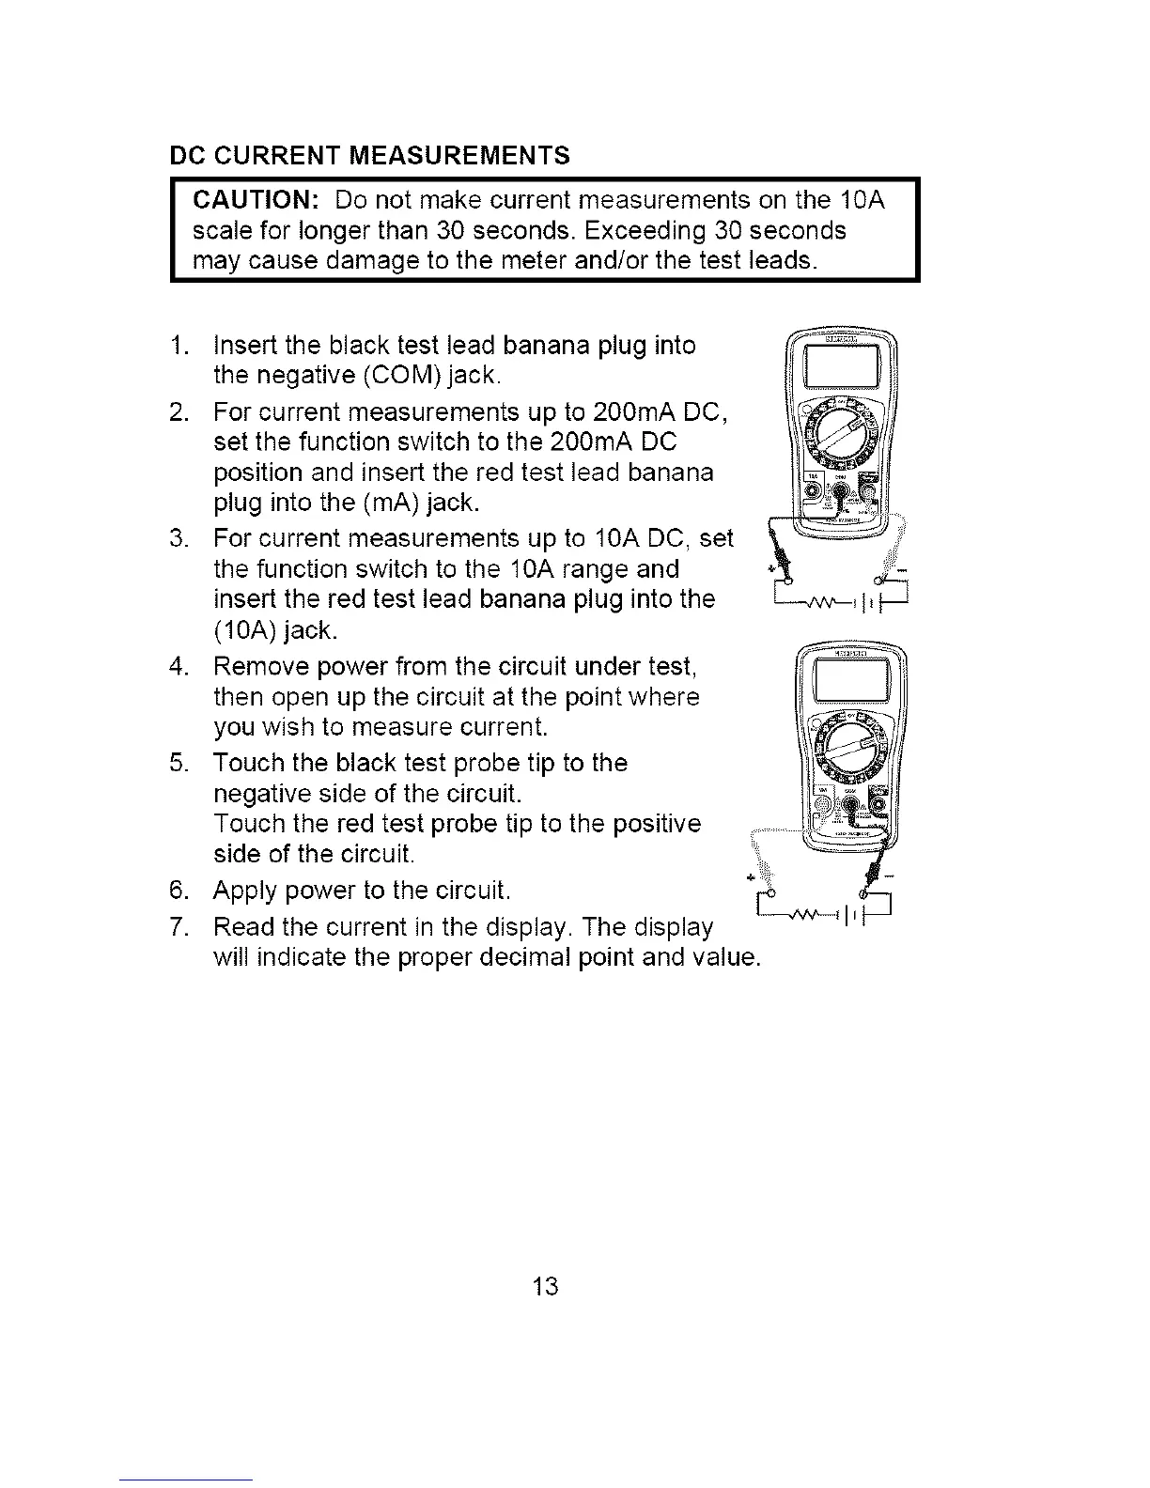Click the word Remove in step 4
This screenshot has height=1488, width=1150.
point(256,667)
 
